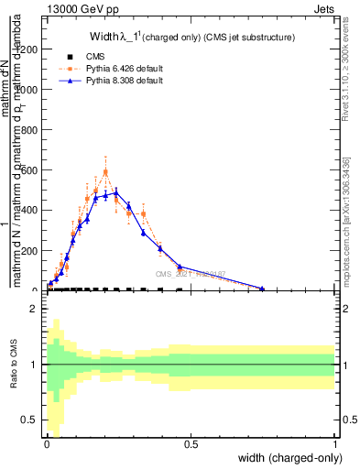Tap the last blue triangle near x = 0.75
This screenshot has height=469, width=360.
[262, 289]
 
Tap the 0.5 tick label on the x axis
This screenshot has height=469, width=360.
[191, 443]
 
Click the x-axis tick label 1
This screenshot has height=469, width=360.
[335, 443]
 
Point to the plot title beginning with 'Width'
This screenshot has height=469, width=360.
[191, 38]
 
